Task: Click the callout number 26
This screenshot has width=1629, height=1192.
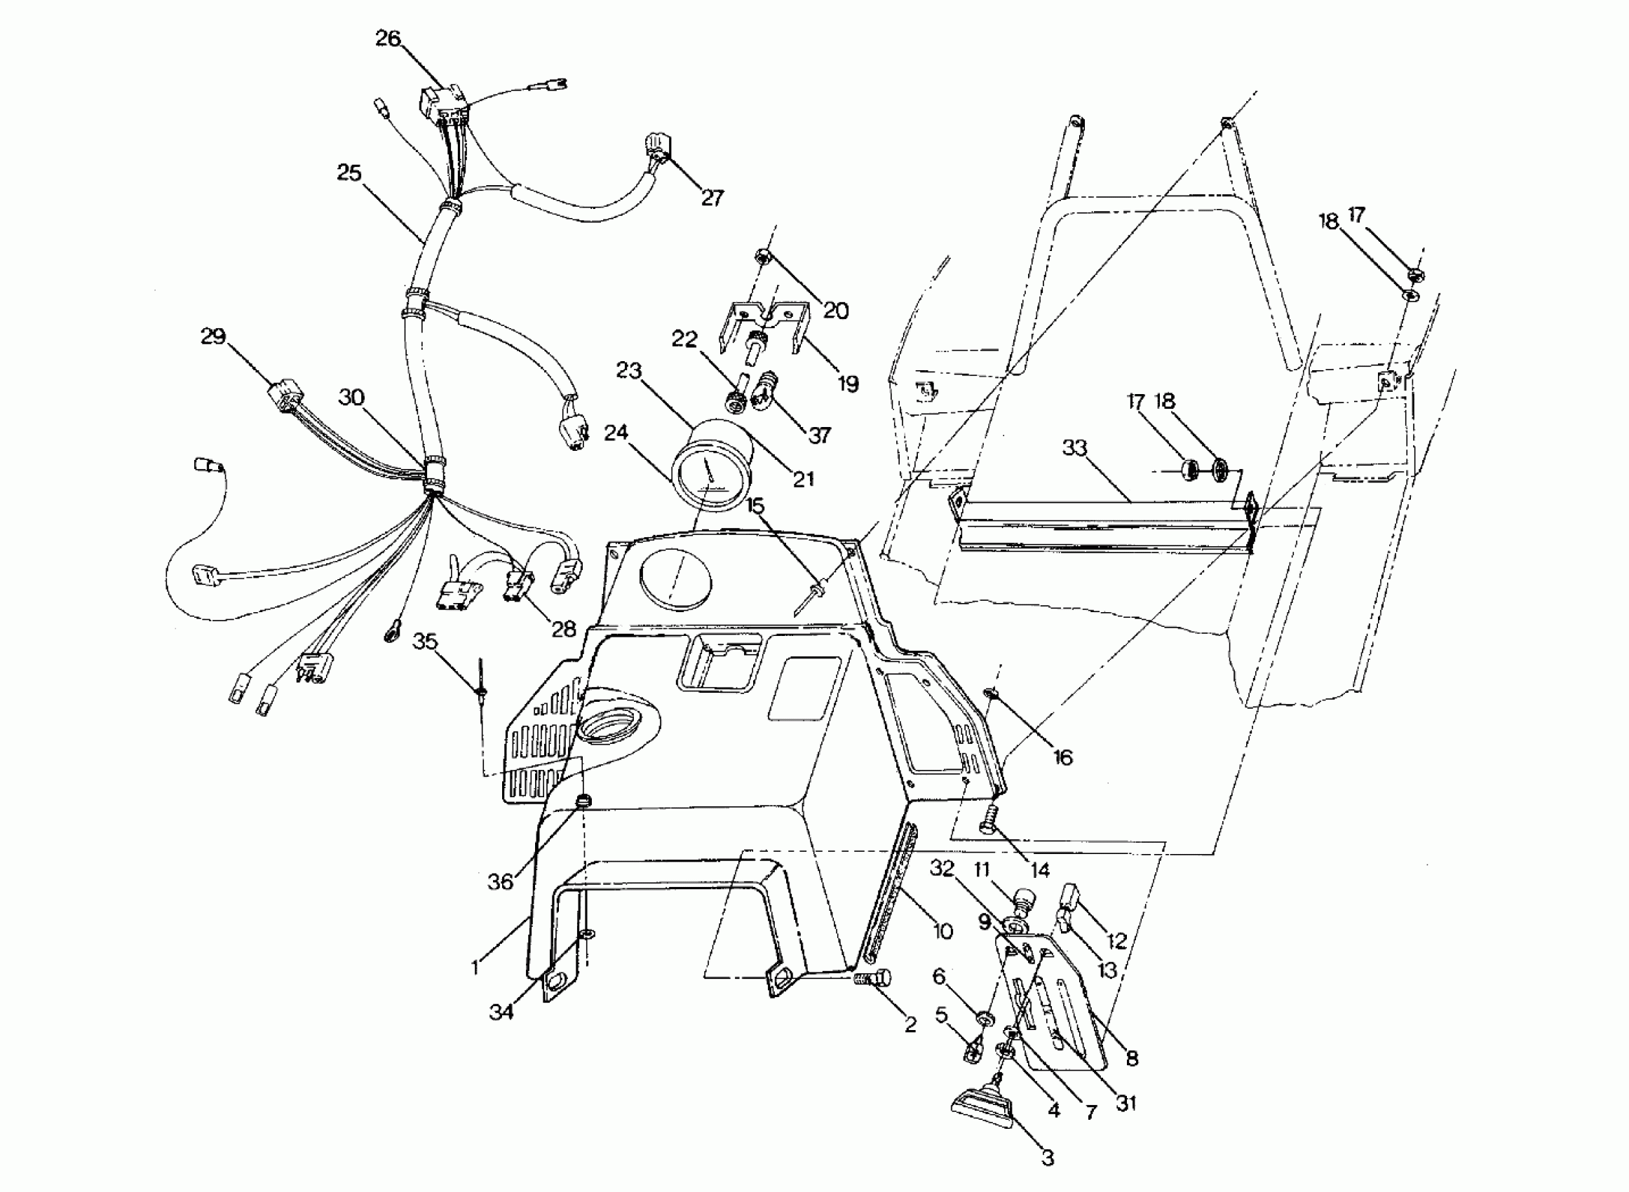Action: point(388,39)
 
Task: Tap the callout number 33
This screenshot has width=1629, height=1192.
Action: point(1074,448)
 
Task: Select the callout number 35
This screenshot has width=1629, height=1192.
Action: point(425,641)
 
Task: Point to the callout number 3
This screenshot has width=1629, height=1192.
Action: point(1048,1158)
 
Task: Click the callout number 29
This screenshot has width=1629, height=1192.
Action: point(212,337)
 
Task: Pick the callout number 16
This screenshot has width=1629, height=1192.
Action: point(1063,757)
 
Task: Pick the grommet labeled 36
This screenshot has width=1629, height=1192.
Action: point(583,800)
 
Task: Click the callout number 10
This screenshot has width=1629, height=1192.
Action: point(944,932)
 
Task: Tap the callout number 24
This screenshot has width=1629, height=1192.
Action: point(616,433)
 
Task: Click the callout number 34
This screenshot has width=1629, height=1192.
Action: point(501,1012)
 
